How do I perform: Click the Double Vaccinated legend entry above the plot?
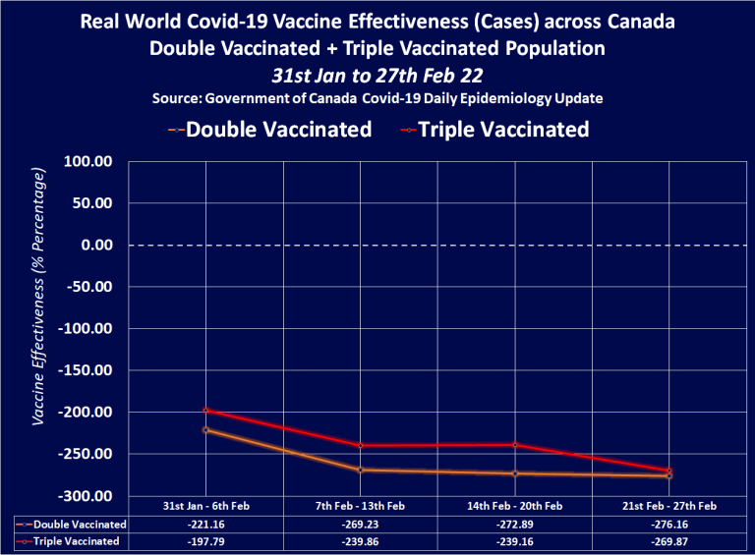click(278, 129)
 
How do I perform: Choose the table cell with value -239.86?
click(361, 541)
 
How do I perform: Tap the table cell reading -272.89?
click(515, 524)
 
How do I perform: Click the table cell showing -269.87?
click(669, 541)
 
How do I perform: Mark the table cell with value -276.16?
click(669, 524)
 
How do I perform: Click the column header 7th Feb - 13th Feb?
click(361, 506)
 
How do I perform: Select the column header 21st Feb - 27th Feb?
click(669, 506)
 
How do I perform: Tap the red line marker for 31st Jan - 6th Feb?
click(206, 410)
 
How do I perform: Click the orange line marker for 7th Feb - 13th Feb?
click(361, 470)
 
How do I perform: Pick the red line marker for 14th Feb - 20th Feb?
click(515, 445)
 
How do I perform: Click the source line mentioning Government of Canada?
click(377, 99)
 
